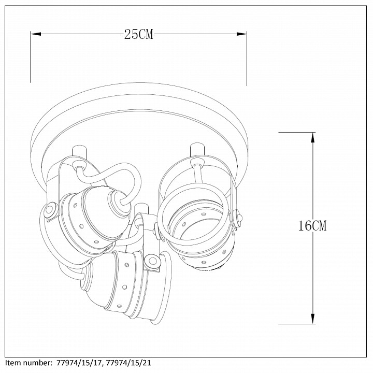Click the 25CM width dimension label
(139, 35)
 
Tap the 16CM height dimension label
(312, 225)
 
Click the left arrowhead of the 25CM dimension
(36, 34)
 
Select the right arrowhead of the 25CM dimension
(242, 34)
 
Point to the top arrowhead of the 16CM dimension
(313, 138)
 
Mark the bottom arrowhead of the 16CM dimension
(313, 319)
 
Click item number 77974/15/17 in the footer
(80, 363)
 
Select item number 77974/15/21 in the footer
(128, 363)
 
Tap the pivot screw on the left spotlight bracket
(50, 210)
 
